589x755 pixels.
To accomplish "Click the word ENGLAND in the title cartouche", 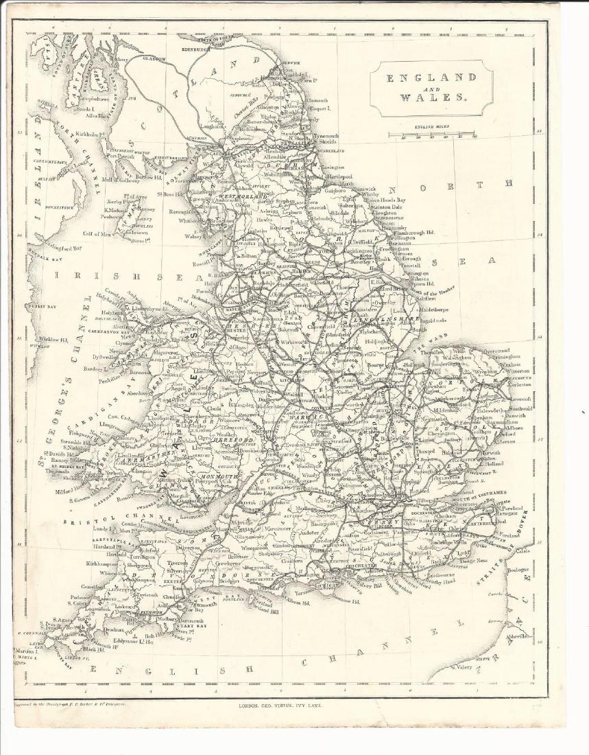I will point(431,78).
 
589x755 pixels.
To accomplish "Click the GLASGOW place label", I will point(154,59).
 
